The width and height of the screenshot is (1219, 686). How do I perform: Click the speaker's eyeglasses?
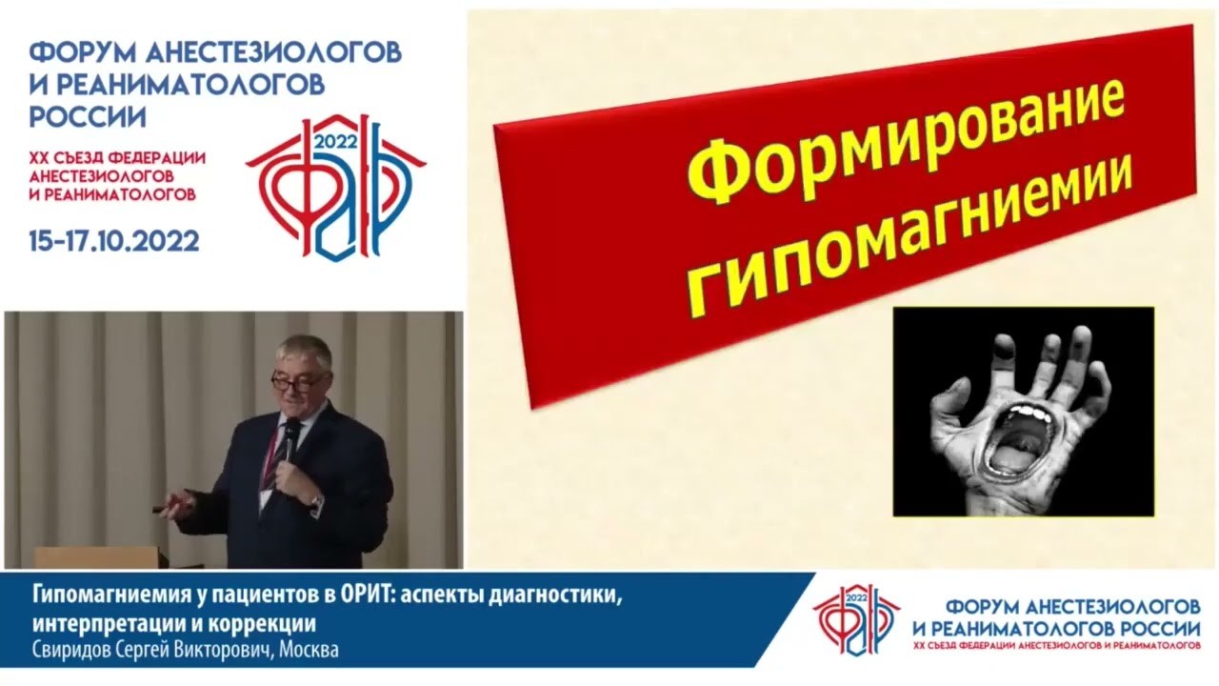[297, 382]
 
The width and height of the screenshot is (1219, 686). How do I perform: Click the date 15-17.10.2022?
[114, 241]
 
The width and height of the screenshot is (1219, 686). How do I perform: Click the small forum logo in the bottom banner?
[855, 619]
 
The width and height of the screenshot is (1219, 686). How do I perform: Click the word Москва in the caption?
[308, 650]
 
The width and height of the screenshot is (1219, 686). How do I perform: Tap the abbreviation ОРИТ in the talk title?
[361, 597]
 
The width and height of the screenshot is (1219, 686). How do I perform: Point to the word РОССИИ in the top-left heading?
[88, 116]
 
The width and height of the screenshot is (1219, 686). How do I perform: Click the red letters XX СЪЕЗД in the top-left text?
[69, 158]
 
